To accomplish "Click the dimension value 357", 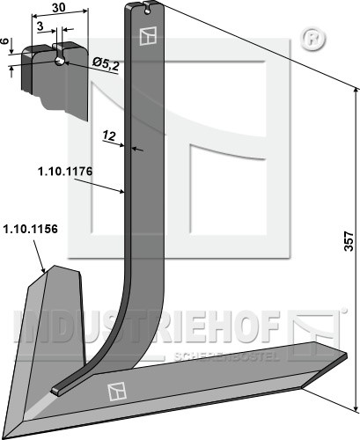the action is tap(349, 241).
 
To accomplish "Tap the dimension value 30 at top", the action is tap(59, 7).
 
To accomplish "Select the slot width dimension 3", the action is tap(40, 26).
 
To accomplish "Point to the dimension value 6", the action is tap(4, 41).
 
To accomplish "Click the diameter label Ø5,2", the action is tap(106, 64).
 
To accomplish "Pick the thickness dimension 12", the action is tap(109, 136).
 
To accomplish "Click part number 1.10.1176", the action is tap(65, 172).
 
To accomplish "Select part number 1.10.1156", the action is tap(30, 229).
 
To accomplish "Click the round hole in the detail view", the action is tap(60, 62).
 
